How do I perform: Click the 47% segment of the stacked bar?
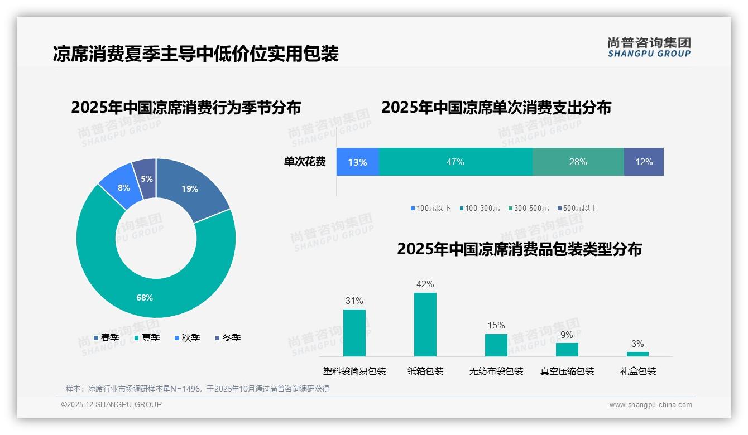point(455,162)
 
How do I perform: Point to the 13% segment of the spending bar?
point(358,162)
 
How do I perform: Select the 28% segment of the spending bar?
point(578,162)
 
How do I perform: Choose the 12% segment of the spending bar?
point(644,162)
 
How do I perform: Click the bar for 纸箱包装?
point(425,324)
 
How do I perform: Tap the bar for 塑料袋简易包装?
point(354,332)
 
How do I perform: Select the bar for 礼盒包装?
point(637,354)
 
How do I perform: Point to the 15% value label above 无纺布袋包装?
point(496,325)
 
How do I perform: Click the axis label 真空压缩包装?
point(567,371)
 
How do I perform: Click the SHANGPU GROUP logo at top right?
point(649,47)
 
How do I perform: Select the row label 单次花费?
point(305,162)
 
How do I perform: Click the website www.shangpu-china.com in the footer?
point(650,404)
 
